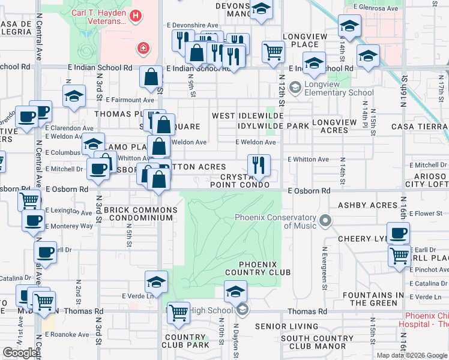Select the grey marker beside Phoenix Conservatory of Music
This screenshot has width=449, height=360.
click(325, 221)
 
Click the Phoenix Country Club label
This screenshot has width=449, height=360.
click(258, 268)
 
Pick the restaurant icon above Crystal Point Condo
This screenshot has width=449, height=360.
click(259, 165)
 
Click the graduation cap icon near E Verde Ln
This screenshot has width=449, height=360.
click(156, 282)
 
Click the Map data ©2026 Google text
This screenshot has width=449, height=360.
click(411, 355)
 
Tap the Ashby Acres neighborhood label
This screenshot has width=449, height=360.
click(368, 205)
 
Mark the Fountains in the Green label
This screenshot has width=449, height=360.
click(378, 299)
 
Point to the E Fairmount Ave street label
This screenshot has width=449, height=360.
click(130, 100)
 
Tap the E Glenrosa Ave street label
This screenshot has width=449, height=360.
click(376, 8)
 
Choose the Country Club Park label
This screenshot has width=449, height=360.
click(187, 341)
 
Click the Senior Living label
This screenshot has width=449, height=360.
click(286, 326)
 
